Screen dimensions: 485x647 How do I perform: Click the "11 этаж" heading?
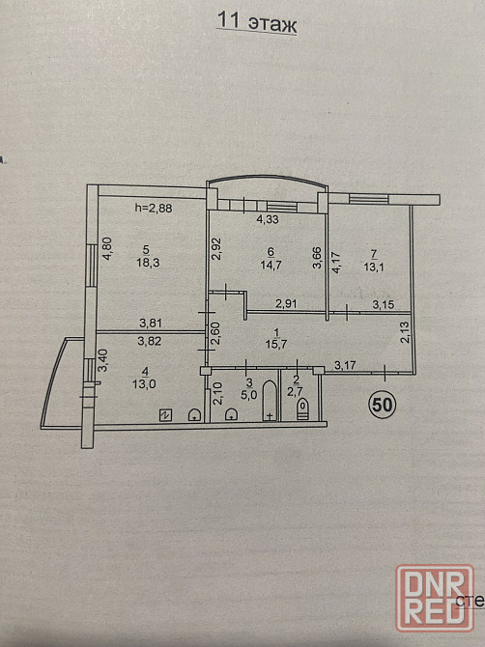[256, 23]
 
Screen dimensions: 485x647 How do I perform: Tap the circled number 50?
[383, 405]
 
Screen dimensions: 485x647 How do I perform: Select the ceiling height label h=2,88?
[154, 208]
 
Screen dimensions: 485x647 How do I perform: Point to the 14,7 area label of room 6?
[271, 265]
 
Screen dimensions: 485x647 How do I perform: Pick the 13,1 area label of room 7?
[374, 267]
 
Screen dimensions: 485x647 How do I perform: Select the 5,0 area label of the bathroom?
[249, 394]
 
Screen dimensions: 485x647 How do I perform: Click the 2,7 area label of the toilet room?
[296, 392]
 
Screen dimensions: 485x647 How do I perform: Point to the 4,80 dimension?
[106, 248]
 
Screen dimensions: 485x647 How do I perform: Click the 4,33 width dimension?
[268, 219]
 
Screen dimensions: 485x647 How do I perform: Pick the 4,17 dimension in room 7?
[336, 262]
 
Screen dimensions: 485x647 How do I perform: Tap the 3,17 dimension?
[345, 365]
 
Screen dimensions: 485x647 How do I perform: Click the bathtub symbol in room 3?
[270, 400]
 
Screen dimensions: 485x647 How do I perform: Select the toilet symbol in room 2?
[302, 408]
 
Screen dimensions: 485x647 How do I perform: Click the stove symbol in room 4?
[165, 415]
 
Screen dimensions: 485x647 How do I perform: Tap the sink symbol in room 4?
[194, 414]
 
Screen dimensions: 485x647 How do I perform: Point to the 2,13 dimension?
[405, 332]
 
